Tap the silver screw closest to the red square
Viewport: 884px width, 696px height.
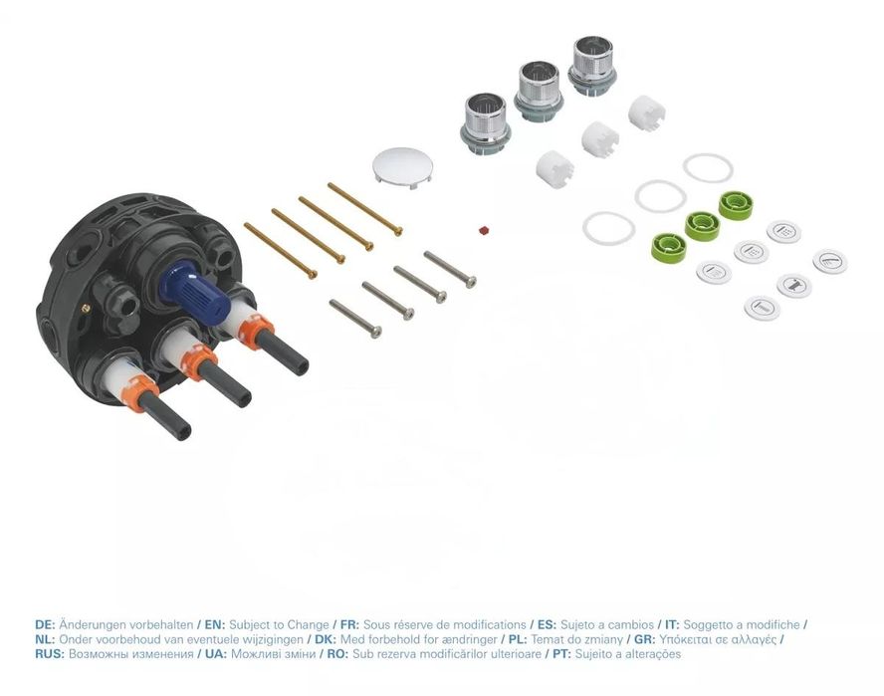point(449,269)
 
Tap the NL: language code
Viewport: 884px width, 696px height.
point(45,639)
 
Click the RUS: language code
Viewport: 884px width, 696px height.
point(49,654)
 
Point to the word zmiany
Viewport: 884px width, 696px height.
point(596,639)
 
